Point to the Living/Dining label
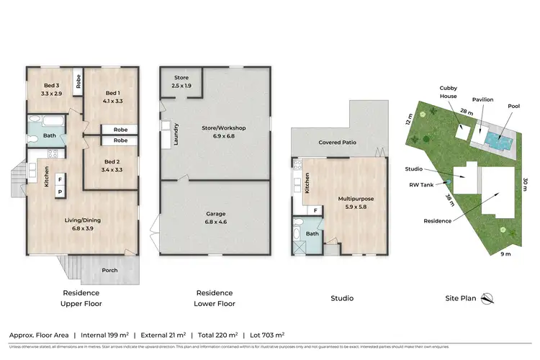click(x=81, y=210)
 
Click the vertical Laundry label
click(x=176, y=134)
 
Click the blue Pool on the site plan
click(x=496, y=136)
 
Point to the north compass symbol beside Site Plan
click(x=487, y=297)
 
